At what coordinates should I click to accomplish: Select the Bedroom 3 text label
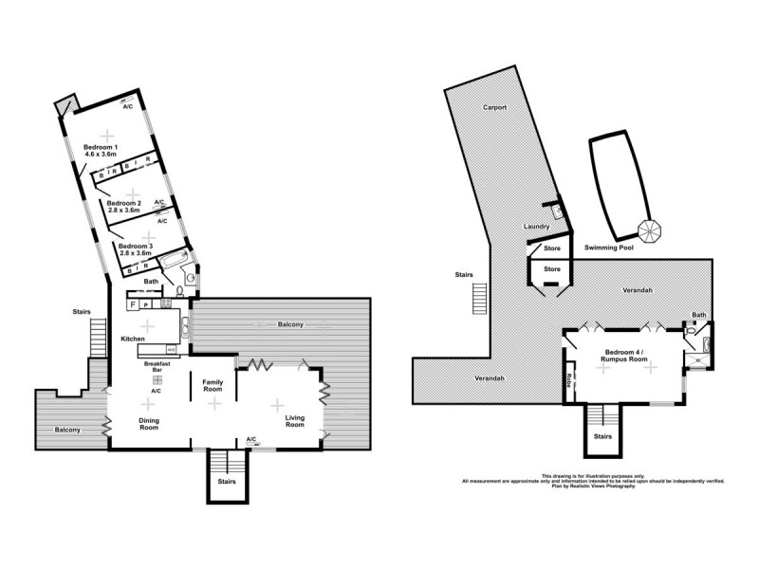pyautogui.click(x=135, y=249)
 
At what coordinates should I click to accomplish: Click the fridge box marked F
pyautogui.click(x=134, y=304)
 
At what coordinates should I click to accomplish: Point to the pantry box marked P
pyautogui.click(x=148, y=304)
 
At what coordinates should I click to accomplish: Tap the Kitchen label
pyautogui.click(x=132, y=339)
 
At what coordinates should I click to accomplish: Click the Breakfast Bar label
pyautogui.click(x=157, y=366)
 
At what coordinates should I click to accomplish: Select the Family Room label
pyautogui.click(x=213, y=386)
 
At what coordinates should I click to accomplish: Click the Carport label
pyautogui.click(x=493, y=107)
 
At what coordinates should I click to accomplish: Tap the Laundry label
pyautogui.click(x=537, y=227)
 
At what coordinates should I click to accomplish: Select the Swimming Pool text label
pyautogui.click(x=609, y=246)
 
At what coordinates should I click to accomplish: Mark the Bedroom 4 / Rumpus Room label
pyautogui.click(x=624, y=357)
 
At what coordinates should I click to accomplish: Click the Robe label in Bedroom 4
pyautogui.click(x=568, y=378)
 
